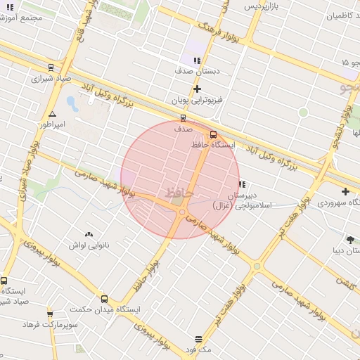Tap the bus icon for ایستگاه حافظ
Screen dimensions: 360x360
point(214,135)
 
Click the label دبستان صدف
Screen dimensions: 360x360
point(198,71)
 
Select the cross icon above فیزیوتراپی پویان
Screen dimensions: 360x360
point(198,89)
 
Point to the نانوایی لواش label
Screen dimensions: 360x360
point(88,245)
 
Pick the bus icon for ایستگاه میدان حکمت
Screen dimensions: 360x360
point(105,299)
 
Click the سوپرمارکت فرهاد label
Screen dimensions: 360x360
point(49,325)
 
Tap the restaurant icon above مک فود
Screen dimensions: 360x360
point(199,339)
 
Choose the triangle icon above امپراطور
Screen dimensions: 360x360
point(52,114)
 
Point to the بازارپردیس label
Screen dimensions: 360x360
point(262,6)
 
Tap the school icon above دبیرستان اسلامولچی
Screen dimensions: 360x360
point(242,184)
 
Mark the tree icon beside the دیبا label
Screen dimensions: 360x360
point(350,240)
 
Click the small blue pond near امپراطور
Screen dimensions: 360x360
point(72,104)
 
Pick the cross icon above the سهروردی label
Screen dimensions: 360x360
point(345,191)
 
